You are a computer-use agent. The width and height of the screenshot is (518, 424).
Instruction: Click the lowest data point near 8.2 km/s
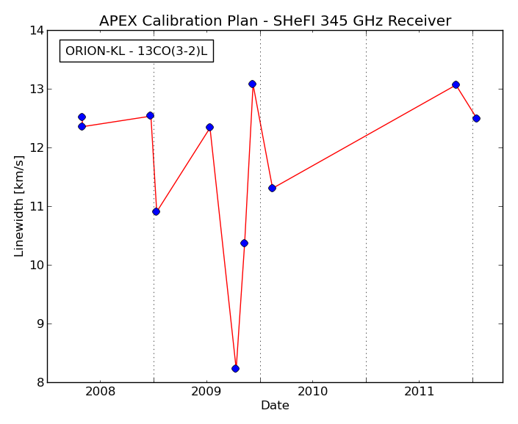[235, 368]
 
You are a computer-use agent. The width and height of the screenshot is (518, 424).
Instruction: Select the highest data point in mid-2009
[253, 84]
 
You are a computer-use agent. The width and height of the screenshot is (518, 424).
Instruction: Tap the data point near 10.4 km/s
[244, 244]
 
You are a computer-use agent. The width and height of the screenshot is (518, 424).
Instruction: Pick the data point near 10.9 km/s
[157, 212]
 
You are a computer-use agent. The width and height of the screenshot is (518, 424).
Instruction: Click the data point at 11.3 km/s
[272, 189]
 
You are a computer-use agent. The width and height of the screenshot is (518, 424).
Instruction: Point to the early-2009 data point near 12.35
[209, 127]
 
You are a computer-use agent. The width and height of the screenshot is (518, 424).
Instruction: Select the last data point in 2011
[476, 118]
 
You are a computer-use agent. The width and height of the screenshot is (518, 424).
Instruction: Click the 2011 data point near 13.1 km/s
[456, 85]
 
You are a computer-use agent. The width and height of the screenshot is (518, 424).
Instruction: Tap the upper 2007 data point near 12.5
[82, 117]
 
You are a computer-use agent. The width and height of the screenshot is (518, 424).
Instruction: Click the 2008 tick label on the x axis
[100, 392]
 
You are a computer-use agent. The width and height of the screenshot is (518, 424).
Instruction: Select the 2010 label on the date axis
[312, 392]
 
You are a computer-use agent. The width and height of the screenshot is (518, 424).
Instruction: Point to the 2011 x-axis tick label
[419, 392]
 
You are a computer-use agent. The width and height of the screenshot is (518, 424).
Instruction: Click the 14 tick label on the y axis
[37, 31]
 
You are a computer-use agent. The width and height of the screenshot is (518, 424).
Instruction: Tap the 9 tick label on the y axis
[40, 324]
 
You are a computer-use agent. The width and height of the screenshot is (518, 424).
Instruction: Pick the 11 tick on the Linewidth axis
[37, 207]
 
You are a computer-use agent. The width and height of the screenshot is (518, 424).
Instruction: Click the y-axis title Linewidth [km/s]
[19, 206]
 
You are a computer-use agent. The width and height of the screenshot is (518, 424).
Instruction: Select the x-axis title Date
[275, 405]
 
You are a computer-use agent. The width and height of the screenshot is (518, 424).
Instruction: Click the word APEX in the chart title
[118, 21]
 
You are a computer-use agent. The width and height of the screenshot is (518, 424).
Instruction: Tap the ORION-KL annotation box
[137, 51]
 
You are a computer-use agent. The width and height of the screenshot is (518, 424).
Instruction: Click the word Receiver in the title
[420, 21]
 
